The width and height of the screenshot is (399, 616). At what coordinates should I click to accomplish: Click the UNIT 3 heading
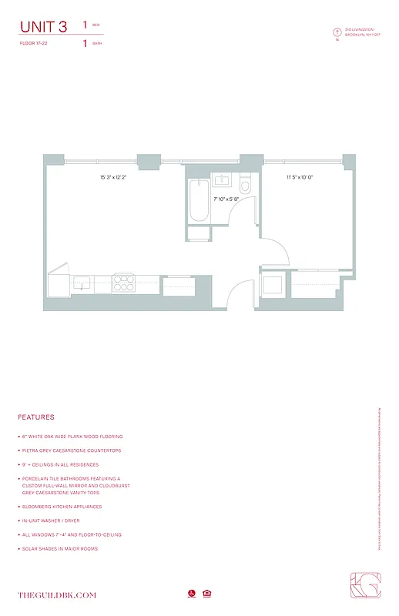point(43,27)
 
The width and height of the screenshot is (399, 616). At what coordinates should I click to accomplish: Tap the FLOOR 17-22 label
point(32,44)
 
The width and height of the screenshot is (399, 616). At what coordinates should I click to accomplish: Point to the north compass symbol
point(337,32)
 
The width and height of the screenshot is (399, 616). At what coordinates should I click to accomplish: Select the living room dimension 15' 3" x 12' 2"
point(112,178)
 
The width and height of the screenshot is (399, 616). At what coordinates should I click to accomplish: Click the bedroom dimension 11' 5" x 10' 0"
point(300,178)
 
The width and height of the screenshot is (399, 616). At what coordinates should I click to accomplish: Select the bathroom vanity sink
point(223,181)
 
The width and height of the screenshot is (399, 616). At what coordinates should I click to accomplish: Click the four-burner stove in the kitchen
point(123,283)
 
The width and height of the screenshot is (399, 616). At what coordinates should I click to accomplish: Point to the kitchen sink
point(82,284)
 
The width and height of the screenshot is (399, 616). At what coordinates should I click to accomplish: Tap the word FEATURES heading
point(36,417)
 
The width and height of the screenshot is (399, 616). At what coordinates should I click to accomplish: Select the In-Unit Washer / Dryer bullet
point(61,521)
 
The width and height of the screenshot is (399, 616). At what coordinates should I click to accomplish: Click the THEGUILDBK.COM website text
point(57,594)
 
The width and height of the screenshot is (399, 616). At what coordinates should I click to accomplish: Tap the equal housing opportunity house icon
point(206,594)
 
